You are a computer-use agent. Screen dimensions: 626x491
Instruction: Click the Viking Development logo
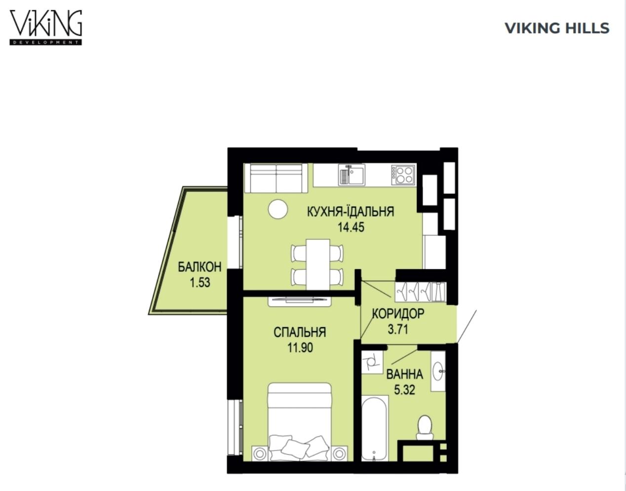click(x=46, y=28)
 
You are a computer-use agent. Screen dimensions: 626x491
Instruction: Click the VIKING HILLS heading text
click(x=557, y=28)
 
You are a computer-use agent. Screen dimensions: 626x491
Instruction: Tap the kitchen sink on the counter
click(x=352, y=175)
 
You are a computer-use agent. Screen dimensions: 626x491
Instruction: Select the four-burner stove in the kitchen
click(x=403, y=175)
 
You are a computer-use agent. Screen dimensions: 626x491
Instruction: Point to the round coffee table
click(x=278, y=209)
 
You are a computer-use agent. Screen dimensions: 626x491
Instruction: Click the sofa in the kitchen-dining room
click(x=276, y=178)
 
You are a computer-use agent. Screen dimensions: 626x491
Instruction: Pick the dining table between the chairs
click(x=318, y=264)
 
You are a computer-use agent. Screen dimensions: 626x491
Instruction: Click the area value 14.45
click(x=351, y=227)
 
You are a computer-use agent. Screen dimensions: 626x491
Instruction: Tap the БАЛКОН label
click(x=199, y=267)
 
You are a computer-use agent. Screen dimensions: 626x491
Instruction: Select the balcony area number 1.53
click(x=200, y=283)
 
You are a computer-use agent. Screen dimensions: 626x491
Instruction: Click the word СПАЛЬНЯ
click(x=300, y=333)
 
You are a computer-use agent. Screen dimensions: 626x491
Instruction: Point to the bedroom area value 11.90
click(x=300, y=348)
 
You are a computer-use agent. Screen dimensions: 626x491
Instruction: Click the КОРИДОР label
click(x=398, y=314)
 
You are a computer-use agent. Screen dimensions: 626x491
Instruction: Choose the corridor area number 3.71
click(x=398, y=330)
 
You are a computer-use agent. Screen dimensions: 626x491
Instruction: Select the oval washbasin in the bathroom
click(x=438, y=371)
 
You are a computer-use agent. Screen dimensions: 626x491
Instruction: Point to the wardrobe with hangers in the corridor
click(x=420, y=292)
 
